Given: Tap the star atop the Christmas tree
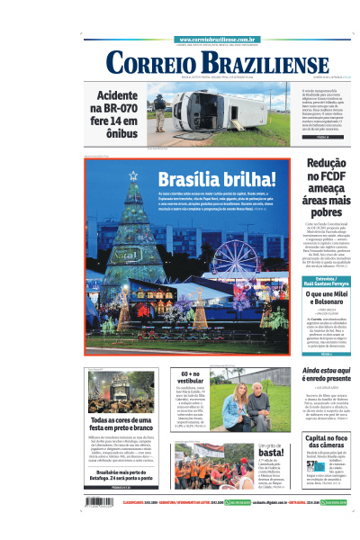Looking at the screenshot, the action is (x=134, y=177).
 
